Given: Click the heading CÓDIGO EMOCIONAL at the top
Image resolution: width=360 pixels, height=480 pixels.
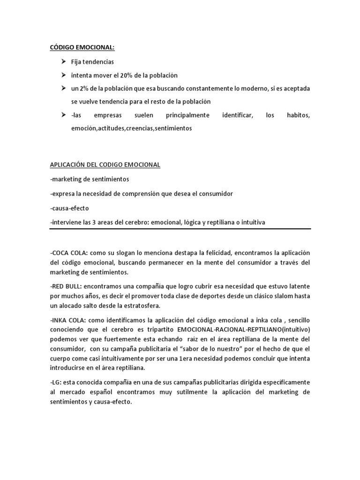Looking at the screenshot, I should tap(82, 47).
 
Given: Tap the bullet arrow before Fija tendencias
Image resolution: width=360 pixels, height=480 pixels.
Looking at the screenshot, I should tap(63, 61).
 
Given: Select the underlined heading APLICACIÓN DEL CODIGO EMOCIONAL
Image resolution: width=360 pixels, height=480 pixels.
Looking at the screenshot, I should tap(105, 165).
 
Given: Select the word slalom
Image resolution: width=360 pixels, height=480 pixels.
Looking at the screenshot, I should tap(270, 296).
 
